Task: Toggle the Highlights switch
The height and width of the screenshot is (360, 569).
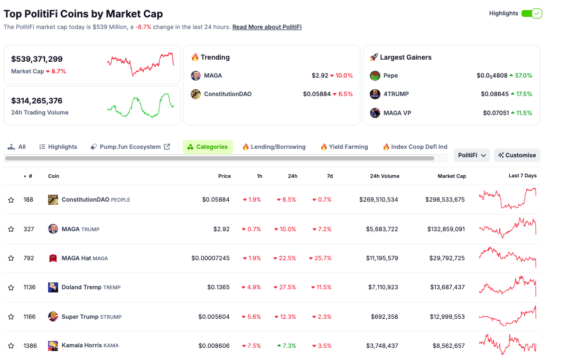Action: click(531, 13)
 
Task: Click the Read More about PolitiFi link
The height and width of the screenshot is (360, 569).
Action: click(267, 27)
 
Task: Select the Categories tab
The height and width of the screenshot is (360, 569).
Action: click(208, 147)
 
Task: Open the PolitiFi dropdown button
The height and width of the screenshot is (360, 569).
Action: click(472, 155)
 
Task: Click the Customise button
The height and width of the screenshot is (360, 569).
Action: click(517, 155)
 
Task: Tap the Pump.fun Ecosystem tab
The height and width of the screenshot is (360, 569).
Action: click(130, 147)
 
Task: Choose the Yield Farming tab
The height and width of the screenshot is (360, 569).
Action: click(344, 147)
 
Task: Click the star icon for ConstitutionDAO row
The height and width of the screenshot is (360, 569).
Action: click(11, 200)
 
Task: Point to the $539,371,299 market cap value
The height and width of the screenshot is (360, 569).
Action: click(37, 59)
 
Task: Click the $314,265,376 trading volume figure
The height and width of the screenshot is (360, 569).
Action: click(37, 101)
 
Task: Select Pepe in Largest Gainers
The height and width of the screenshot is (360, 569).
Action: click(390, 75)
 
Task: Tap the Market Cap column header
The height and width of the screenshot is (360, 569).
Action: click(452, 176)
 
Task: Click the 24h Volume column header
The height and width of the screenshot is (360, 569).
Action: click(385, 176)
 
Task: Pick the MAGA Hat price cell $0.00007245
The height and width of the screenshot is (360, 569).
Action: click(211, 258)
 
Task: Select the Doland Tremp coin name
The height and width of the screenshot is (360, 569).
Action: click(81, 287)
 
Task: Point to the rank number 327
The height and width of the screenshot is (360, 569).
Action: click(29, 229)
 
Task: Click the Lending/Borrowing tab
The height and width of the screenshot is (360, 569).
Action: click(274, 147)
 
